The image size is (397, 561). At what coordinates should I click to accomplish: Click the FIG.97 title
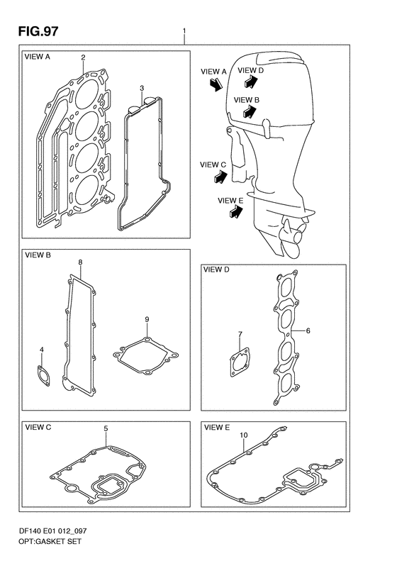point(38,31)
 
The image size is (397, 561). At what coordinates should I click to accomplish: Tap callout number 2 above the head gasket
point(83,57)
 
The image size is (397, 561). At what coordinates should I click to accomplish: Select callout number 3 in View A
point(142,88)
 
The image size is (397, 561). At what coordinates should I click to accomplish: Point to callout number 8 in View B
point(80,262)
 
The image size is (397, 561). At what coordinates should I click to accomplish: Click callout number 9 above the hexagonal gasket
point(147,319)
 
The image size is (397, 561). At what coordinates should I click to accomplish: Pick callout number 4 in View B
point(42,349)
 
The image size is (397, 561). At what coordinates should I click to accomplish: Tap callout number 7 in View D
point(240,334)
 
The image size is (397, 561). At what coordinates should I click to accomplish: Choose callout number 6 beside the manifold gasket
point(308,331)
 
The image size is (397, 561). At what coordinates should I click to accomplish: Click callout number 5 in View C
point(106,428)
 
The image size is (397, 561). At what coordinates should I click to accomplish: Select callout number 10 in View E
point(244,435)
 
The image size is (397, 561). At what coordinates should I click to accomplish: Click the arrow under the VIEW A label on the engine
point(216,85)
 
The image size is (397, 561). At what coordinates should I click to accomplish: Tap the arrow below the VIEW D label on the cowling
point(251,82)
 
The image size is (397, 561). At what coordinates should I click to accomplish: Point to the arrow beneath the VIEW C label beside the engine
point(220,177)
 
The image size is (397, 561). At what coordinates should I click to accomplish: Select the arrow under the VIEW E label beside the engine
point(235,212)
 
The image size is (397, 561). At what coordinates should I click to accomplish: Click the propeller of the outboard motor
point(293,237)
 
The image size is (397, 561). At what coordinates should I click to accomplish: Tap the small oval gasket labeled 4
point(43,376)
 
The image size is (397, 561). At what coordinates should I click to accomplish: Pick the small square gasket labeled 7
point(240,362)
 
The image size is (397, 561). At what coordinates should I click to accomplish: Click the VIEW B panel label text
point(38,255)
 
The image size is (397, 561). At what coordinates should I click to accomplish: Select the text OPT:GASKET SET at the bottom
point(50,541)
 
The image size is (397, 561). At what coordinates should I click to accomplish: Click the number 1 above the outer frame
point(184,31)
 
